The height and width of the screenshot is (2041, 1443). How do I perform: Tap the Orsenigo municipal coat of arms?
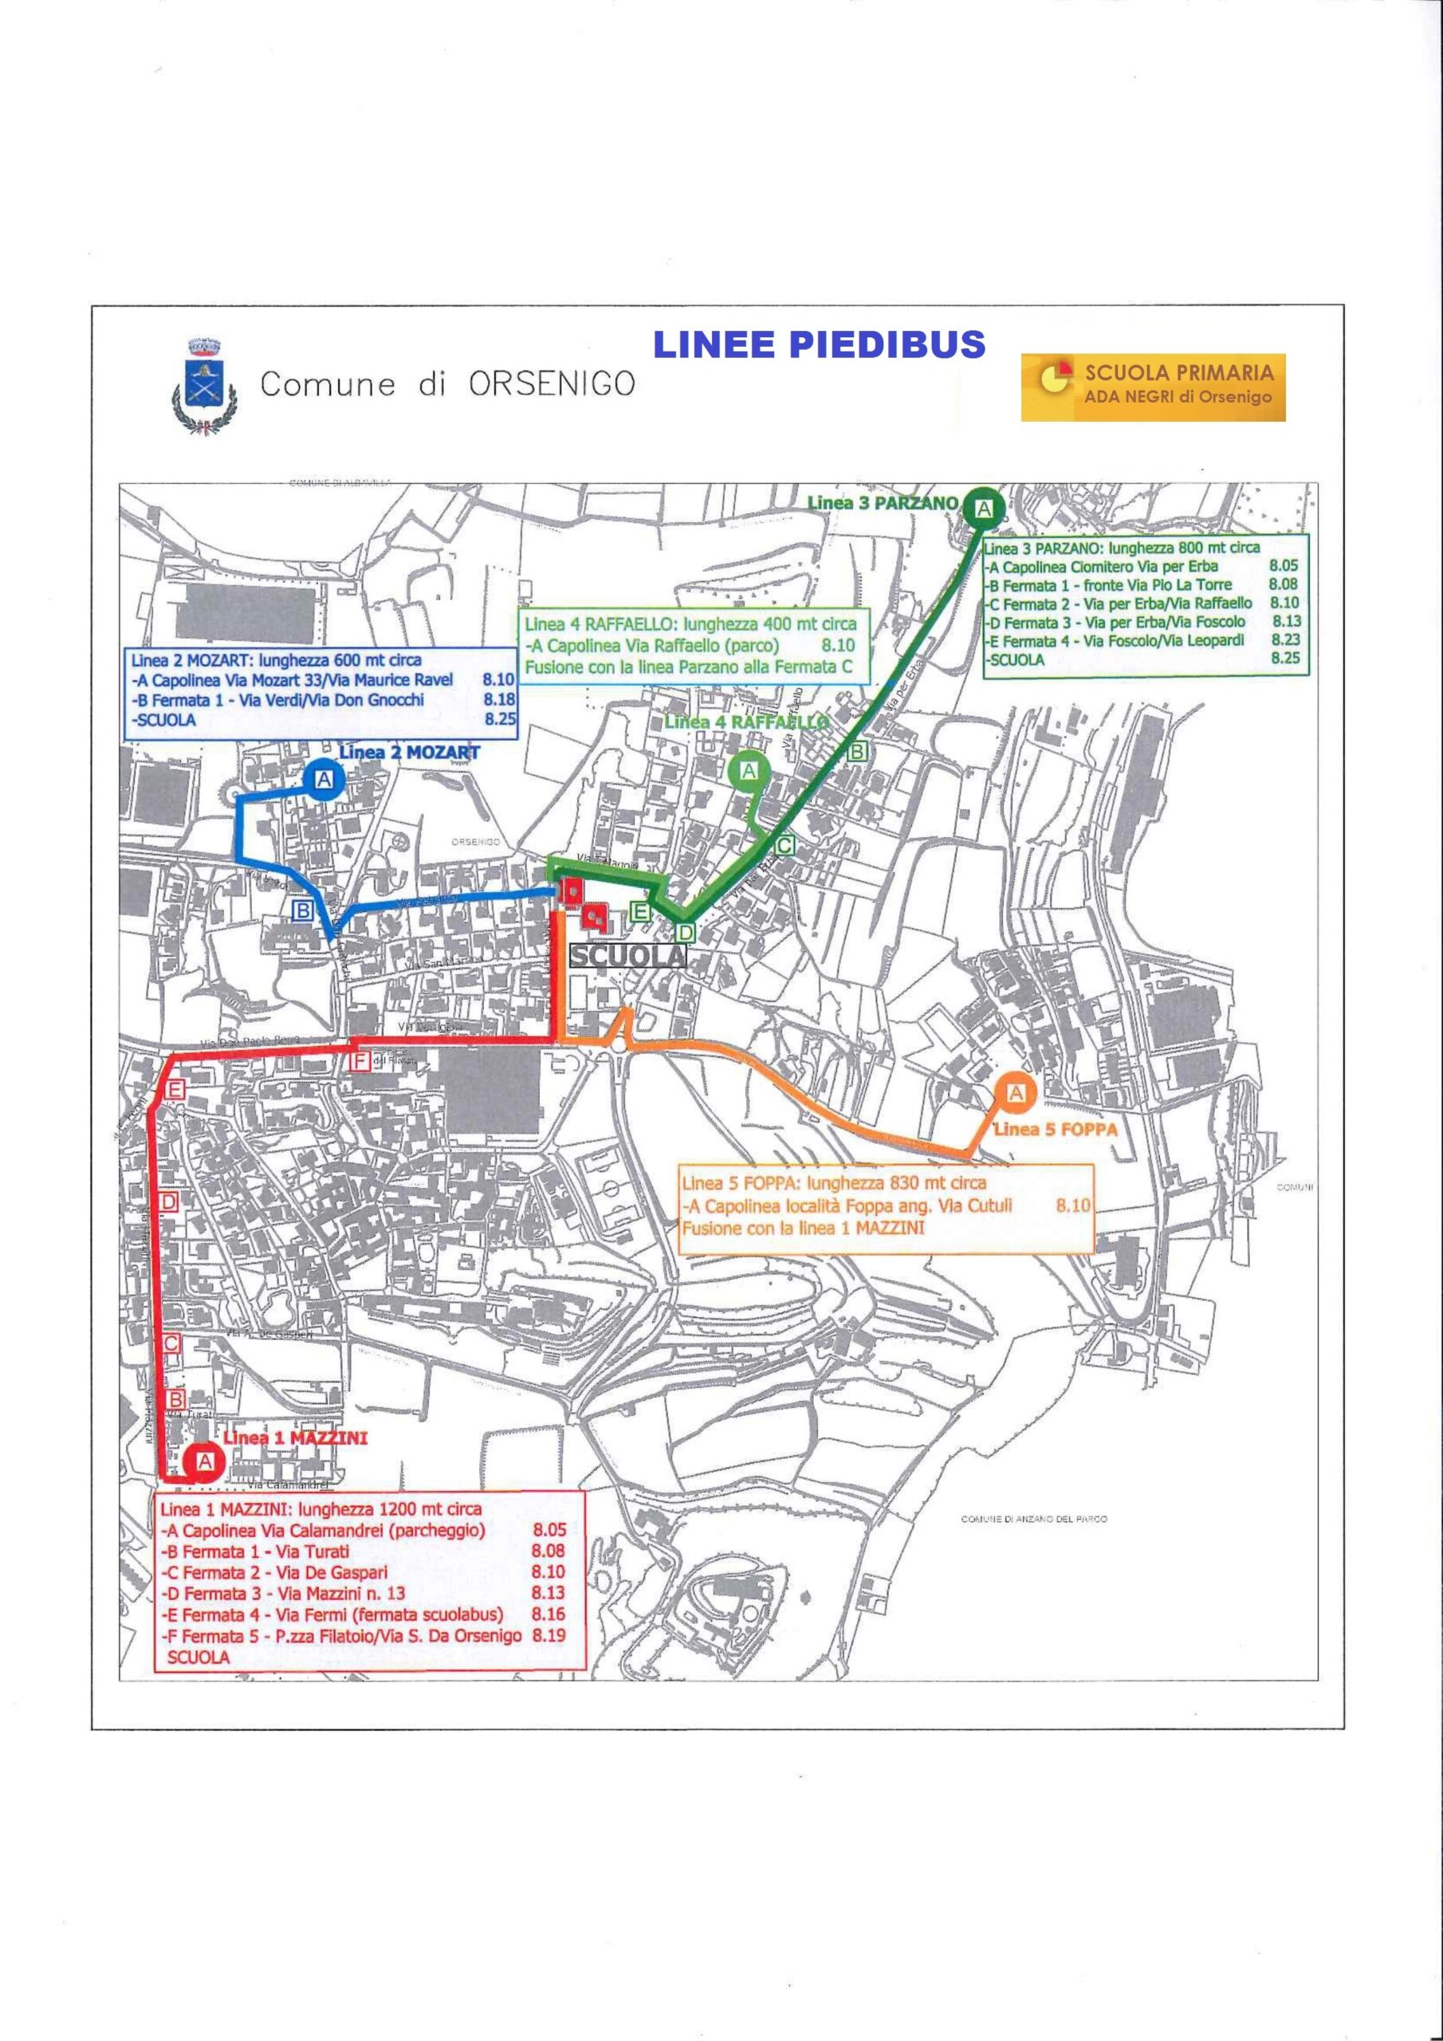coord(203,385)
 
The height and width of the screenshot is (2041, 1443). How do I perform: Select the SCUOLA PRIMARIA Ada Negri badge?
coord(1152,387)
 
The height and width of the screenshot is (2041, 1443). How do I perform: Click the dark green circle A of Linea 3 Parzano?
coord(985,509)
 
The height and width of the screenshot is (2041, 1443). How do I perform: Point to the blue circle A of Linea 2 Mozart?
coord(324,780)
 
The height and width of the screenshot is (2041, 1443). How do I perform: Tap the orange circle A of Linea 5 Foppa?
coord(1016,1095)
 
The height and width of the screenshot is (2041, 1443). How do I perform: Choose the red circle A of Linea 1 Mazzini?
coord(205,1461)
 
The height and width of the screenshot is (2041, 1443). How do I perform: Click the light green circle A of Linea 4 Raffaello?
coord(749,771)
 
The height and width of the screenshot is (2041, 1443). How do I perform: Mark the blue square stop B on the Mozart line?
coord(302,910)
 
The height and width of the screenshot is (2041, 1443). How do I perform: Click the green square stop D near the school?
coord(685,933)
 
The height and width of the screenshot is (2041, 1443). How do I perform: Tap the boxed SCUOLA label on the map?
coord(627,956)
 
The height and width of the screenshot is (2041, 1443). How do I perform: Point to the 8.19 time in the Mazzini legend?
coord(548,1634)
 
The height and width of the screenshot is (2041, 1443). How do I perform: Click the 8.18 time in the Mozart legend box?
coord(500,699)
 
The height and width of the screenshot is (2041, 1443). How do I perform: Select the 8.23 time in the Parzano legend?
coord(1284,640)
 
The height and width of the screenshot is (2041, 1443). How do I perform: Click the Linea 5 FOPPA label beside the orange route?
coord(1055,1129)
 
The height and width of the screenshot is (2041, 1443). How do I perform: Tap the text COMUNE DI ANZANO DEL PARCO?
coord(1034,1520)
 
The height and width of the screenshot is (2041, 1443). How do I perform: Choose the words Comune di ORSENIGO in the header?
coord(447,384)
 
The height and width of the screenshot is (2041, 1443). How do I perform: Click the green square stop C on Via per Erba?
coord(784,844)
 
